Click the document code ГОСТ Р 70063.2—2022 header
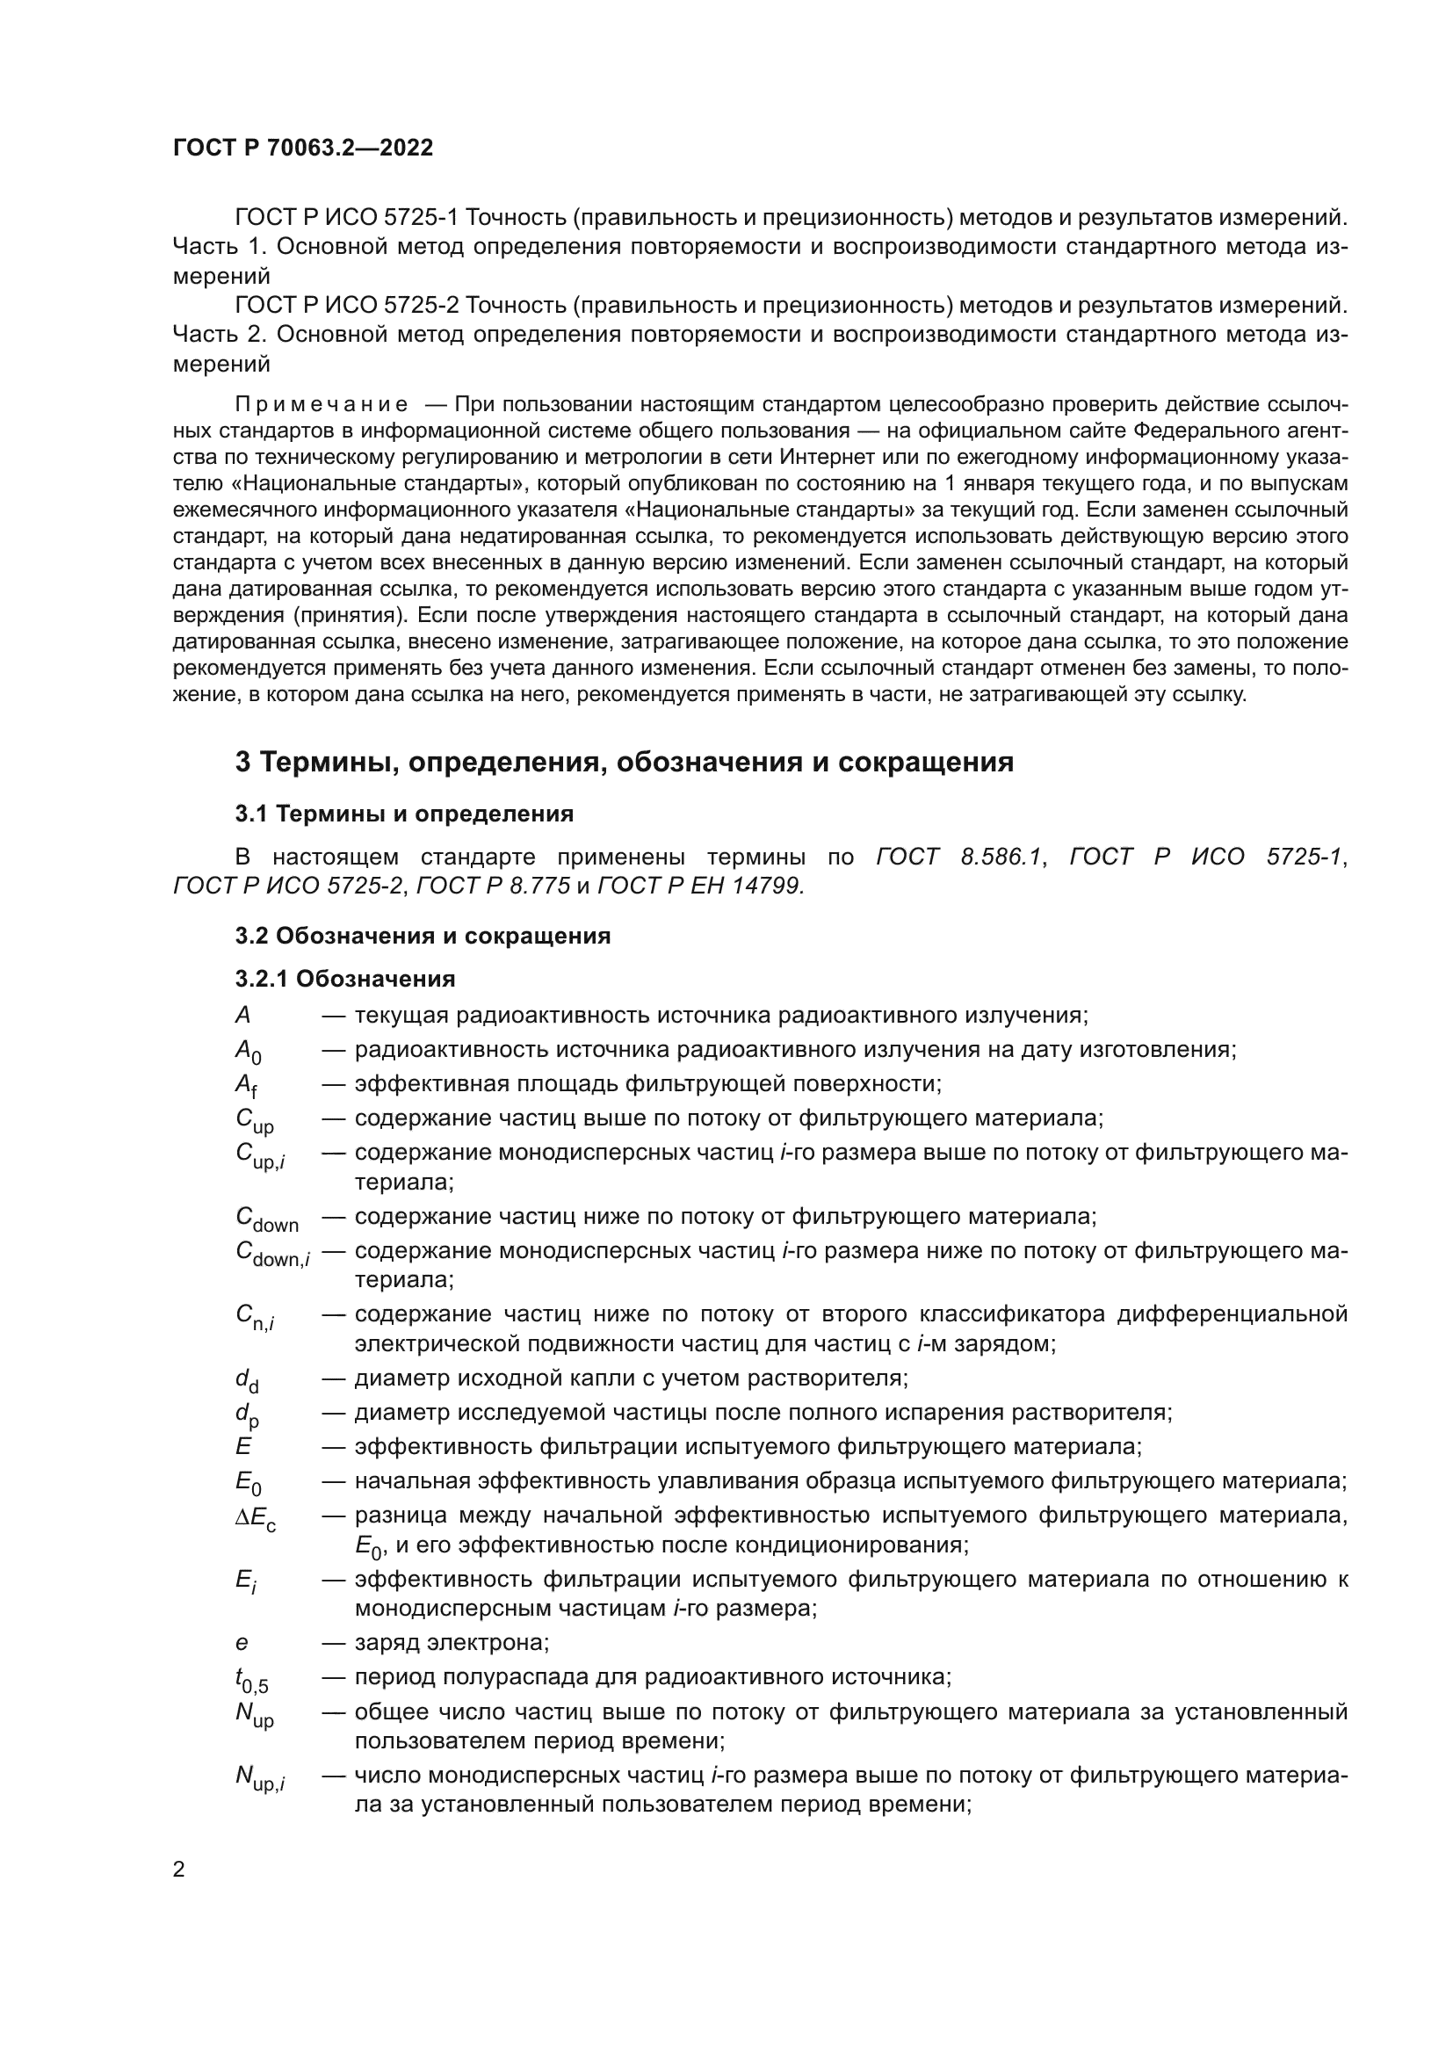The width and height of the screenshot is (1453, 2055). coord(302,148)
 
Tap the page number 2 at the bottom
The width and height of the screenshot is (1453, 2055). coord(179,1870)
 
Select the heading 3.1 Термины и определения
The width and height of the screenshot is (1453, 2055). coord(404,814)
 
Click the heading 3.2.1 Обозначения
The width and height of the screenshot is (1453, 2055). coord(345,978)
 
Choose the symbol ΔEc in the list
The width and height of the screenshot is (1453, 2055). coord(255,1516)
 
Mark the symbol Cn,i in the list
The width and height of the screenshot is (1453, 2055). coord(255,1317)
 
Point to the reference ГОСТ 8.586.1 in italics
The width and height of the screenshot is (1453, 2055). coord(959,857)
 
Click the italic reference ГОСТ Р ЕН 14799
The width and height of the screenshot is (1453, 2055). coord(699,886)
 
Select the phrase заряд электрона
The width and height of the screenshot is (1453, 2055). coord(452,1643)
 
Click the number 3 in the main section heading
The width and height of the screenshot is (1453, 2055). coord(242,762)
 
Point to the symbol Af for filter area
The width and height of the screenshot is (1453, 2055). coord(246,1086)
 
